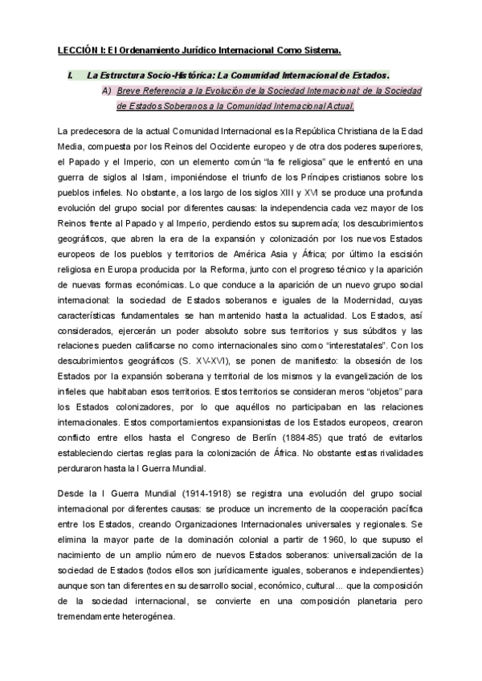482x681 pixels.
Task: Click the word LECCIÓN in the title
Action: (x=74, y=50)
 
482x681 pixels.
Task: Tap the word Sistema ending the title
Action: (x=319, y=50)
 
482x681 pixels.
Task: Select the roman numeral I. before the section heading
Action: (x=72, y=75)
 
